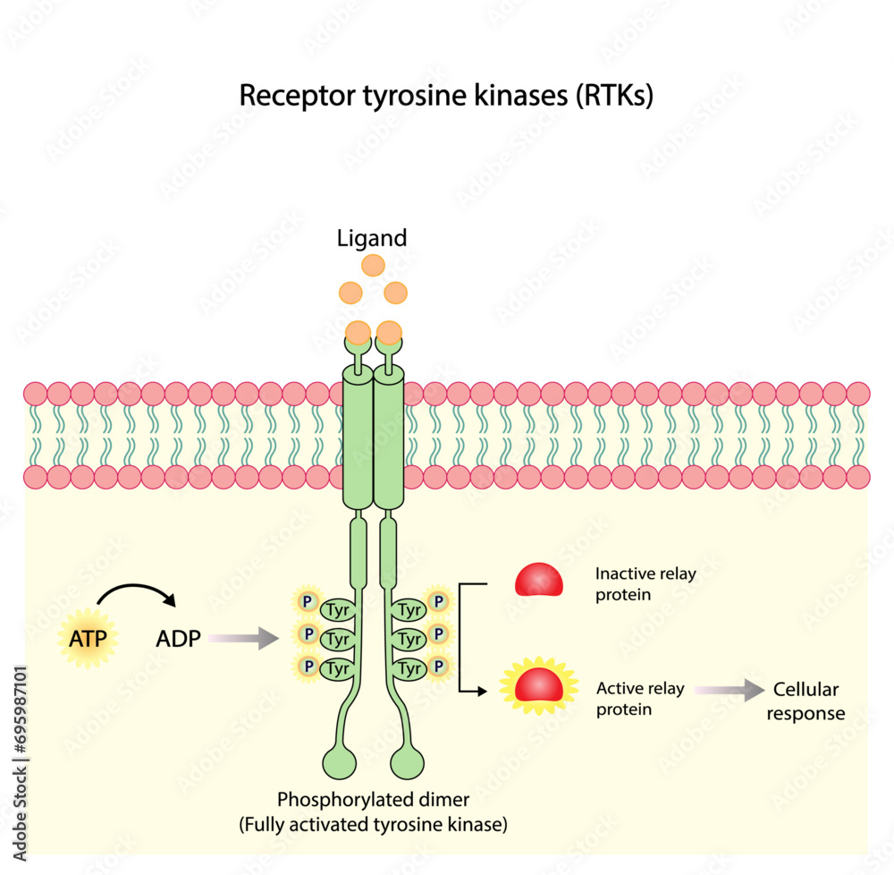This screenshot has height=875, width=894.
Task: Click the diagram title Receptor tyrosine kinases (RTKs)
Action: [x=445, y=96]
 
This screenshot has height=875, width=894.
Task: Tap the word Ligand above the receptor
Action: [x=372, y=238]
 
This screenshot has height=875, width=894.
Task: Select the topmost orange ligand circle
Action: [x=373, y=265]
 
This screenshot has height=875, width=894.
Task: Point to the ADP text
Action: [x=177, y=639]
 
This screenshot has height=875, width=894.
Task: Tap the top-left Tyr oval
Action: [x=337, y=611]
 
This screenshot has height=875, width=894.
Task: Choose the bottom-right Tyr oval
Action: [x=409, y=667]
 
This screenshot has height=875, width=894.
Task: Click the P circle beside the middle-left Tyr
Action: [x=308, y=634]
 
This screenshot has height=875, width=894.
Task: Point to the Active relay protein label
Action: [x=640, y=698]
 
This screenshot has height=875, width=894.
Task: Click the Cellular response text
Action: [x=808, y=701]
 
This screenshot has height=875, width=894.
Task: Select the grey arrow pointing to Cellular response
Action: [x=728, y=690]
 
